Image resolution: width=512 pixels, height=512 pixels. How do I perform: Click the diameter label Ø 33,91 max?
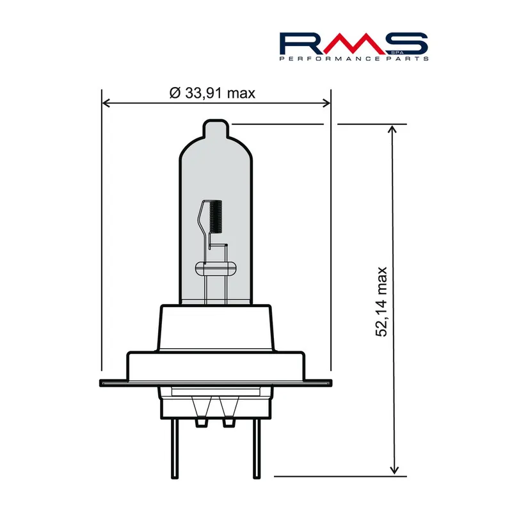click(x=212, y=93)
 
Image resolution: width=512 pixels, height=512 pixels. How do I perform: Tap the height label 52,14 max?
click(x=383, y=301)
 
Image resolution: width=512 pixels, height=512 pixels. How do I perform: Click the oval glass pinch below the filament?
click(x=215, y=268)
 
